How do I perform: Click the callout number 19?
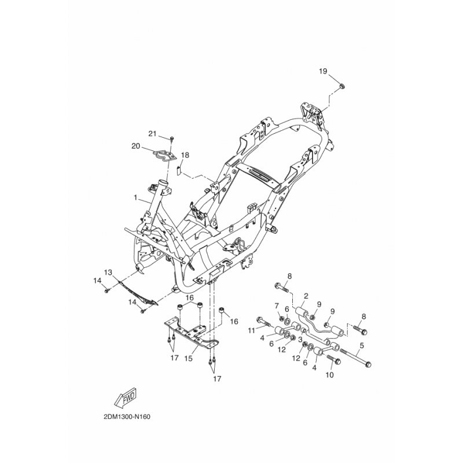tap(323, 71)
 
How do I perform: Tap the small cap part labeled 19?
tap(342, 86)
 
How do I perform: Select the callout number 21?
tap(152, 134)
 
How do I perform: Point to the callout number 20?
tap(136, 146)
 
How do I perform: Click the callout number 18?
tap(185, 155)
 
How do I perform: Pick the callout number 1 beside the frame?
tap(135, 197)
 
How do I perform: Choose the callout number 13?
tap(108, 272)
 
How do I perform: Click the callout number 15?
tap(189, 358)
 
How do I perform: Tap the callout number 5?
tap(362, 345)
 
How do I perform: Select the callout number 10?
tap(329, 375)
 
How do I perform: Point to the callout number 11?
tap(251, 330)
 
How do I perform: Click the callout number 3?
tap(300, 340)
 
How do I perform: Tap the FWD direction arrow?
tap(125, 397)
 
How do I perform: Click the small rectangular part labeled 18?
tap(178, 171)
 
